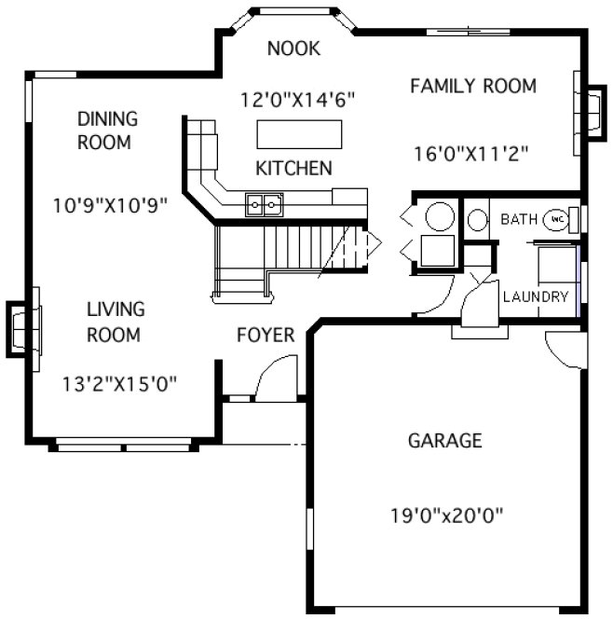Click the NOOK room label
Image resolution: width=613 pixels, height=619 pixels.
[x=293, y=49]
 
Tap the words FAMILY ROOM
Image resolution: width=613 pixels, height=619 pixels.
[x=472, y=87]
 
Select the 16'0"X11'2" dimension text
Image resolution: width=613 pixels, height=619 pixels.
[x=471, y=154]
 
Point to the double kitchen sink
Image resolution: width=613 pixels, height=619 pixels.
[x=264, y=203]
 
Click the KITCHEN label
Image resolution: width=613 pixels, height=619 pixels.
[x=293, y=169]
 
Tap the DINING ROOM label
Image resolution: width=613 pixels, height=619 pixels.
[x=107, y=131]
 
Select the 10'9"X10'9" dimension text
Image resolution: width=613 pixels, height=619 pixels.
[x=111, y=205]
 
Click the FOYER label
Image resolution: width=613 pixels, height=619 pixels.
[x=265, y=335]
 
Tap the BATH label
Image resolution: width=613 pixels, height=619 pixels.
[x=519, y=220]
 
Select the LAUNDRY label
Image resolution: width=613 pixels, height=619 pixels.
[x=535, y=297]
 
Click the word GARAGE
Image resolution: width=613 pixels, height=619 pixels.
[x=444, y=440]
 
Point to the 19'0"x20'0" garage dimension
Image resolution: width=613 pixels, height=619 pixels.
[x=447, y=515]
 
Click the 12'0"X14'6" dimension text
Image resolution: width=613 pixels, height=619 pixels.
[x=297, y=98]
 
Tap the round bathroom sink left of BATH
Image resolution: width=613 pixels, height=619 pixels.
[x=477, y=221]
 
